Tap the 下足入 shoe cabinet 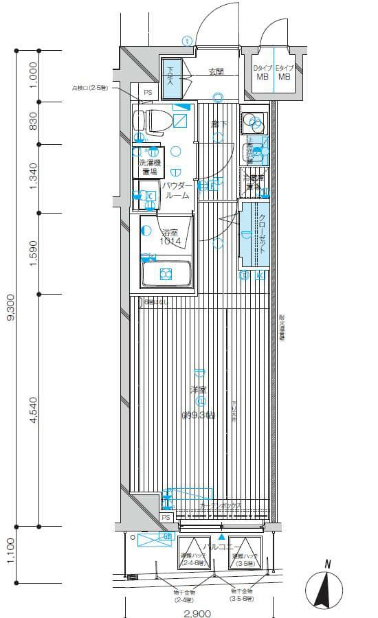[170, 76]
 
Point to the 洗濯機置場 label [150, 168]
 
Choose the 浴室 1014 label [170, 237]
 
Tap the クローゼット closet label [262, 235]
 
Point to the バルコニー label [221, 547]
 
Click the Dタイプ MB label [263, 72]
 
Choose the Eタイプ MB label [283, 72]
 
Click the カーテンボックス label [221, 505]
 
